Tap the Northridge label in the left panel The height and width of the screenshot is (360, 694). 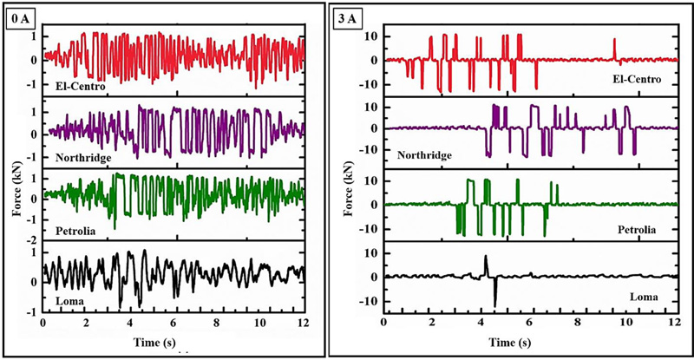tap(78, 159)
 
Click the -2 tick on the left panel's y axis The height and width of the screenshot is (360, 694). tap(33, 239)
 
